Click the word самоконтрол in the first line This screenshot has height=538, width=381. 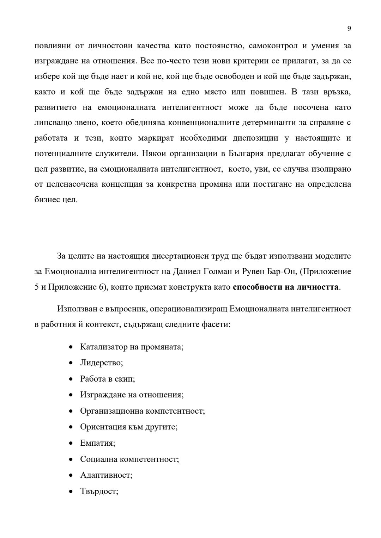click(269, 46)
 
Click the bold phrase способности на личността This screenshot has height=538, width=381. click(286, 287)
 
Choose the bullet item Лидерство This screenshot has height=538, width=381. click(101, 363)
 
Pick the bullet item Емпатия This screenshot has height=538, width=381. click(98, 443)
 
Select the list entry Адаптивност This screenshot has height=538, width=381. click(106, 475)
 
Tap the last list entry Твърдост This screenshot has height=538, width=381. click(99, 491)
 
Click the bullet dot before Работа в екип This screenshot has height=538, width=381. click(72, 379)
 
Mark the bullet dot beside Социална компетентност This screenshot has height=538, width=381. click(72, 459)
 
